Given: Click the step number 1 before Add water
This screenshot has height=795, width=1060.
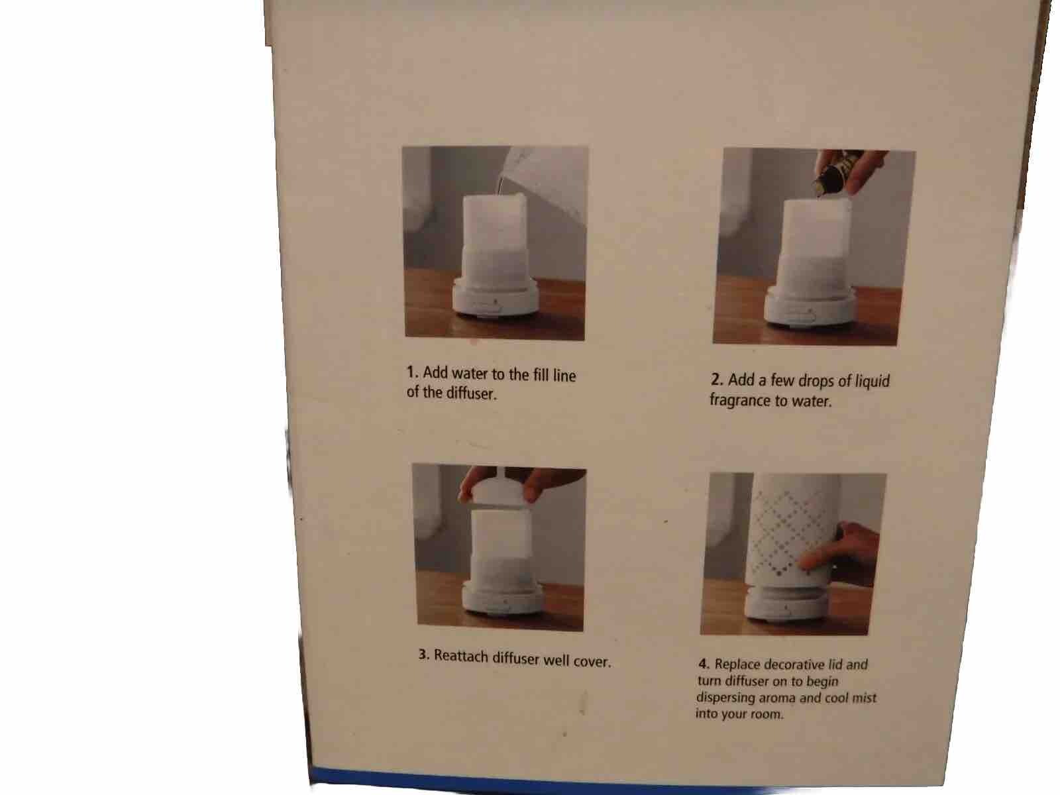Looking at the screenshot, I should [x=411, y=372].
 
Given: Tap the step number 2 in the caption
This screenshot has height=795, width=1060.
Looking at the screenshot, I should [x=715, y=380].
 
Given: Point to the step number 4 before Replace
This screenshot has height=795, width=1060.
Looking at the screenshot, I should [x=703, y=663].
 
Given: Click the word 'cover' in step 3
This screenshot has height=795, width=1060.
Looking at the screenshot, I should [x=590, y=661].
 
